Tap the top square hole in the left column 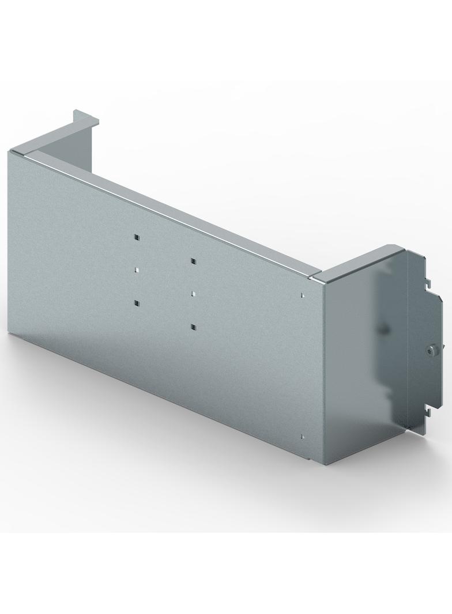[136, 237]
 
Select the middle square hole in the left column [137, 269]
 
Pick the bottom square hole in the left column [137, 302]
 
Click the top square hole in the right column [193, 261]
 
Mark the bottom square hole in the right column [193, 327]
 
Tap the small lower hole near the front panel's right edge [302, 436]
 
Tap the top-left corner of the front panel [10, 153]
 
